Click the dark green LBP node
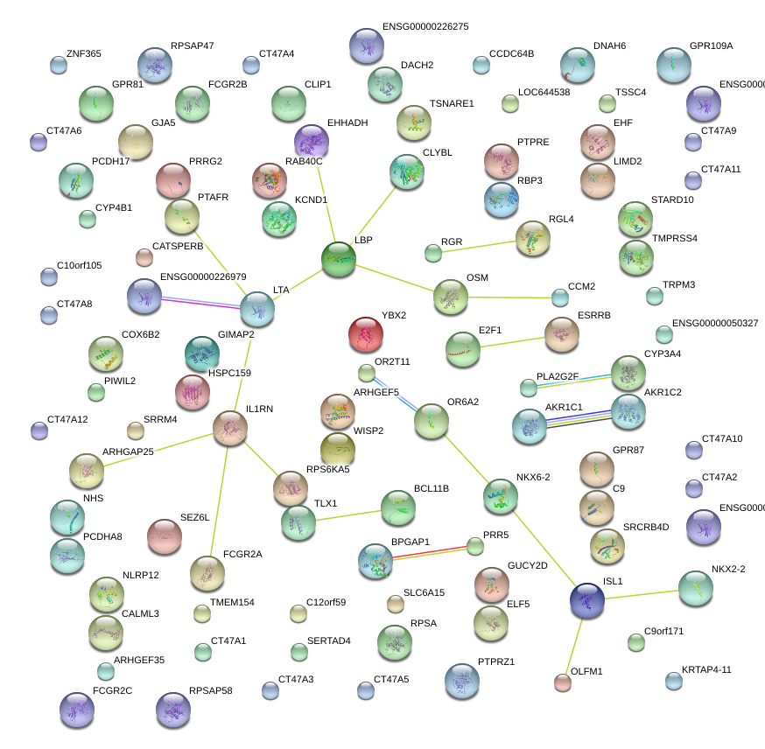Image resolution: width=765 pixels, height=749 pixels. [339, 260]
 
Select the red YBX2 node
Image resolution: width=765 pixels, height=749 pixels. [366, 333]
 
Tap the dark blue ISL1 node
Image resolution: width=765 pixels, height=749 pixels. [586, 600]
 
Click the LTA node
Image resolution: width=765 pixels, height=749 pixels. [257, 308]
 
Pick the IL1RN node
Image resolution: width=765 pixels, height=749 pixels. [230, 428]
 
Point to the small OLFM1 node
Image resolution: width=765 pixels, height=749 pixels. [563, 682]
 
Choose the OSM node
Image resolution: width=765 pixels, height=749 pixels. [451, 297]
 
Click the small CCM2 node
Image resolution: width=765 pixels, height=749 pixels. [560, 297]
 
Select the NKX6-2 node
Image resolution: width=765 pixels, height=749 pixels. [500, 496]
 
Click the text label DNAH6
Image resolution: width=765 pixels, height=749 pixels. [609, 45]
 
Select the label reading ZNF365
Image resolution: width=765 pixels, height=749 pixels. [83, 54]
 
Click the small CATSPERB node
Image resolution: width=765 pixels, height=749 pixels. [144, 257]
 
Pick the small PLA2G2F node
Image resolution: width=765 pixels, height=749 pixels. [528, 388]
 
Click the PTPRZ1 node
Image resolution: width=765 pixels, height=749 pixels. [462, 681]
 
